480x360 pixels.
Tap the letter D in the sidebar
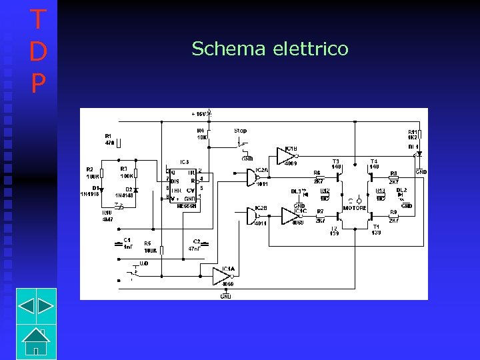point(38,51)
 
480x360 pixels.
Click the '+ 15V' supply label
point(201,114)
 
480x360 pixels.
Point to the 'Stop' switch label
point(240,131)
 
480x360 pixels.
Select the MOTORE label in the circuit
point(355,208)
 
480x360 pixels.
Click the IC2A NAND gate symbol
point(247,177)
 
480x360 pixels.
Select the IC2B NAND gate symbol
point(247,215)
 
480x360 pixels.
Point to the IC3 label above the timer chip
point(185,162)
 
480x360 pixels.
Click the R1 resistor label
point(108,135)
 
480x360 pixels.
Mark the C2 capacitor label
point(197,241)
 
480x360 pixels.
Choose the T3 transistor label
point(336,161)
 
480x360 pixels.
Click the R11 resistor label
point(413,132)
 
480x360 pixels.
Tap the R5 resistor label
point(147,243)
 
